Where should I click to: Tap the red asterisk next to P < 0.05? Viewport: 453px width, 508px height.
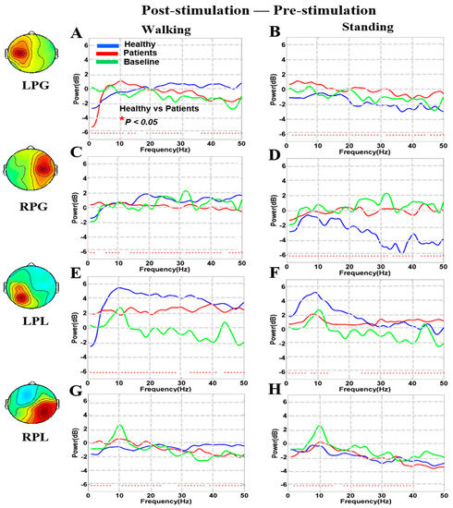click(x=121, y=119)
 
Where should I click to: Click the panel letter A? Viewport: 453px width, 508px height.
click(x=79, y=34)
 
